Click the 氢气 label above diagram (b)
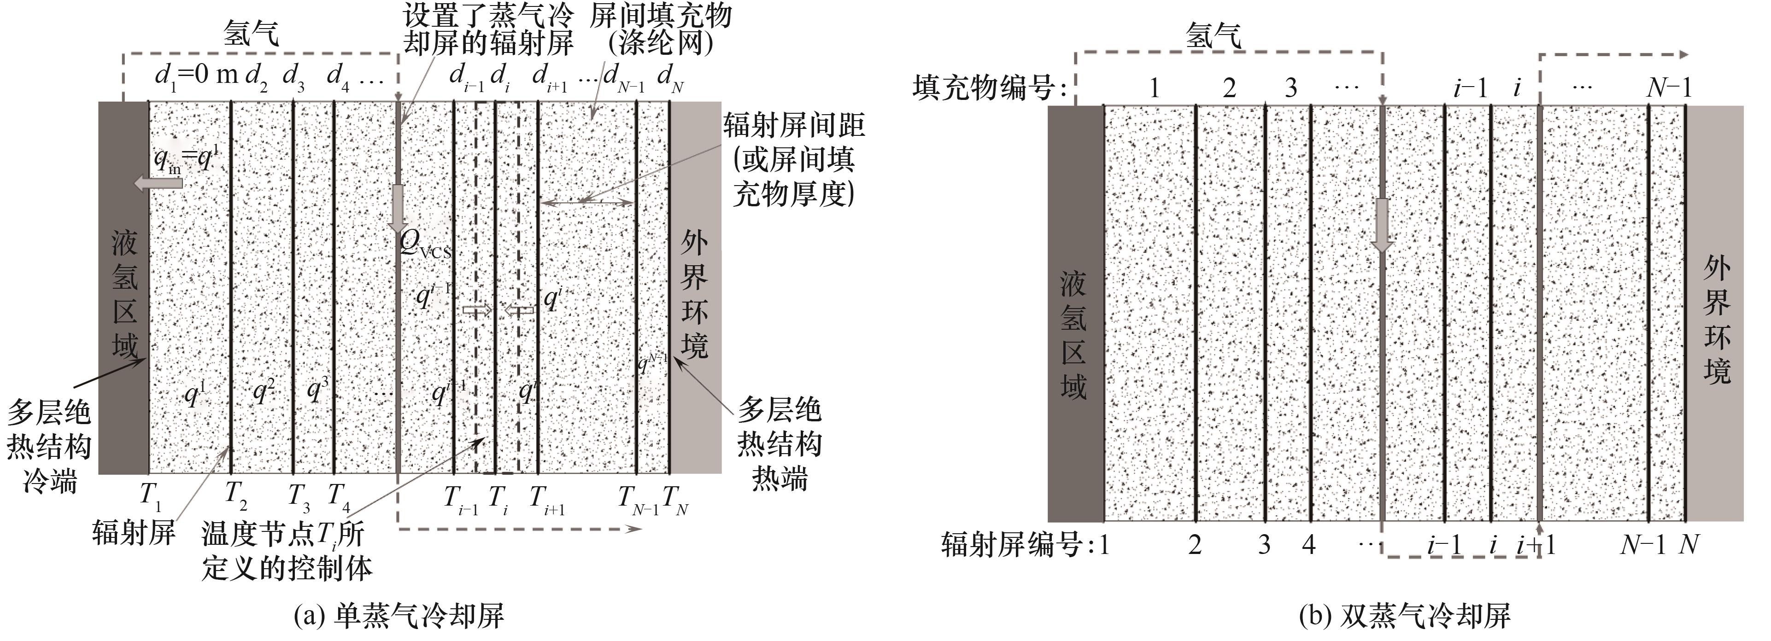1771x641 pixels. click(1214, 35)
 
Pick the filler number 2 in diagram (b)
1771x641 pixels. click(1229, 88)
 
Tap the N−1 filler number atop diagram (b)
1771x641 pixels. click(1669, 88)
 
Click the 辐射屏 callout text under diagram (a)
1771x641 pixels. click(134, 532)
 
